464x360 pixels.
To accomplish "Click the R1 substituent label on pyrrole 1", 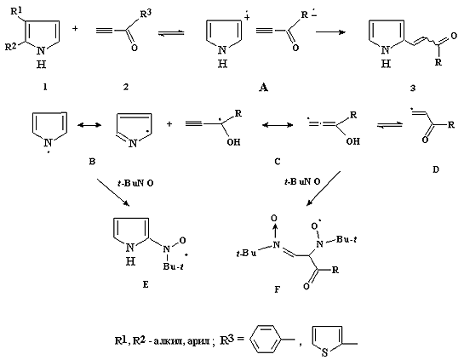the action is (16, 12).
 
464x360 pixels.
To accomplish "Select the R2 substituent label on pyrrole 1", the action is (11, 47).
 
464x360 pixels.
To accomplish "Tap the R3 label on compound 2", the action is (146, 14).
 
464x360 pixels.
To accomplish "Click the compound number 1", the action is (45, 87).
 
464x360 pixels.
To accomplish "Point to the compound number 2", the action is (126, 87).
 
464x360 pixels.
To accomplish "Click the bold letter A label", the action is (263, 88).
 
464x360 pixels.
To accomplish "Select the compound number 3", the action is (413, 88).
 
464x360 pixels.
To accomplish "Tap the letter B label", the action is (92, 162).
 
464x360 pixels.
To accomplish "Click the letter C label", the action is (277, 162).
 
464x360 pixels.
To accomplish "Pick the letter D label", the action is (436, 169).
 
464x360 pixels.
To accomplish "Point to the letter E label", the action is (146, 284).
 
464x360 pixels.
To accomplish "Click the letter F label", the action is (277, 289).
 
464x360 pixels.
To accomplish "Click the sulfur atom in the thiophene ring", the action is (324, 352).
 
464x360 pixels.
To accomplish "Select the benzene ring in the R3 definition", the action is (265, 339).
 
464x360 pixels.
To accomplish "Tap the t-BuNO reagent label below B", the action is (135, 183).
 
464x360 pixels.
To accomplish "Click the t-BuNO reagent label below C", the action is (302, 181).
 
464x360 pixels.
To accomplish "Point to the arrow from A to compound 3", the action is (331, 31).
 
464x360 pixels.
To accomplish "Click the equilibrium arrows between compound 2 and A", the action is (171, 33).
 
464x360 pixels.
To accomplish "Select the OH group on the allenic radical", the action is (352, 141).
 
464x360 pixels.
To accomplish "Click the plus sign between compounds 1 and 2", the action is (76, 29).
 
